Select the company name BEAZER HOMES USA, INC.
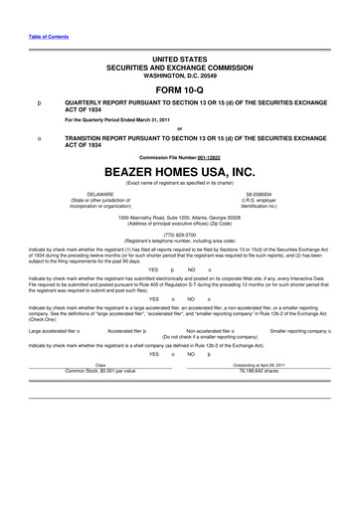coord(180,170)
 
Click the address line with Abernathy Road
coord(180,217)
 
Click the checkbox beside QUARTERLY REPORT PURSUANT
coord(38,101)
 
